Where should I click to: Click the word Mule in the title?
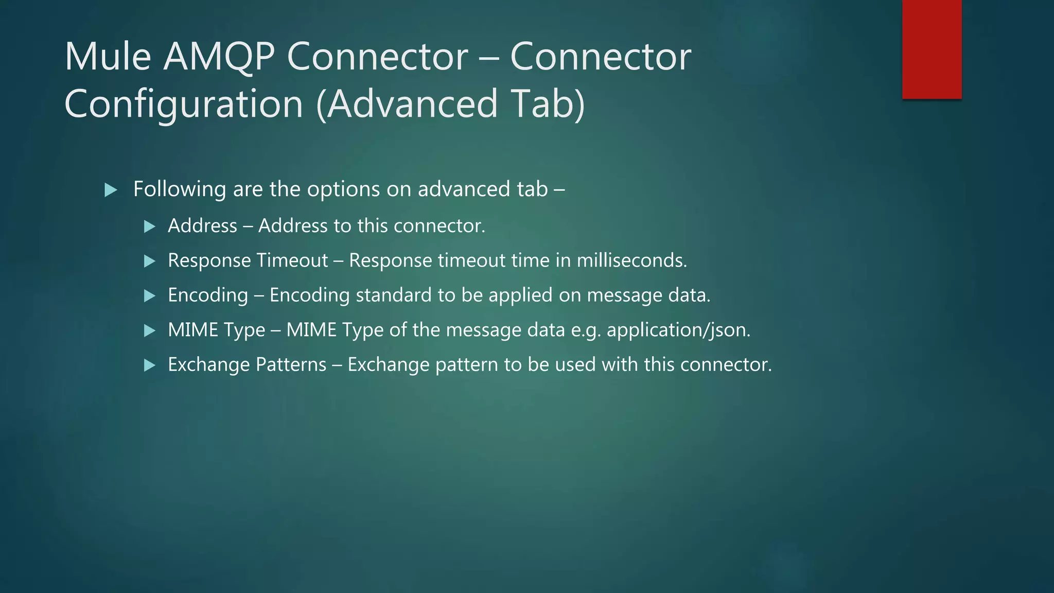[108, 57]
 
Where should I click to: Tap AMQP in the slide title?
[219, 57]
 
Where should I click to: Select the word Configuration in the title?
[184, 104]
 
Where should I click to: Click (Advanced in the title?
[407, 104]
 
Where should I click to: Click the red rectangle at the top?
[932, 49]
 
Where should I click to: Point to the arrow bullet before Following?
[111, 190]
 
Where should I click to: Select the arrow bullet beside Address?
[150, 226]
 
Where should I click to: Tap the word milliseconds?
[631, 260]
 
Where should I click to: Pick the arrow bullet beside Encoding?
[150, 296]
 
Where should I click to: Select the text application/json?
[678, 330]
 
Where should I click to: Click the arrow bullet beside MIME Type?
[150, 330]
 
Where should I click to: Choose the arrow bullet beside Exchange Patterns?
[150, 365]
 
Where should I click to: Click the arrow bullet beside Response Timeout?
[150, 261]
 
